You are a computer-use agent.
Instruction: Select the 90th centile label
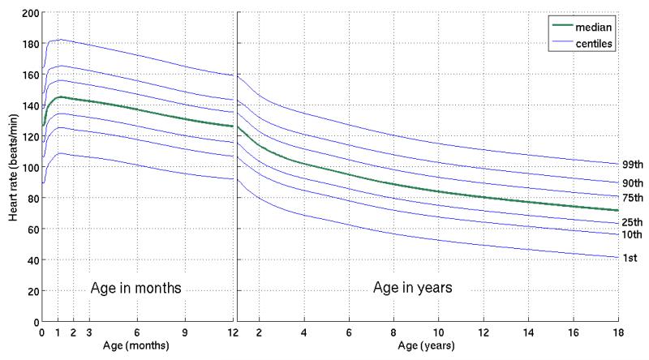click(x=633, y=183)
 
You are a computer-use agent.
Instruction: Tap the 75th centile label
click(x=633, y=199)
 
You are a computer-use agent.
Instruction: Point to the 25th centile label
click(x=633, y=222)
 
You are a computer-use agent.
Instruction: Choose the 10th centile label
click(x=633, y=235)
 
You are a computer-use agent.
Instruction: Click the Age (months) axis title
click(x=136, y=346)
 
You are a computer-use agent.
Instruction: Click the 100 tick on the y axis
click(x=28, y=168)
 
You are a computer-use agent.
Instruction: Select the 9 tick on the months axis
click(x=185, y=332)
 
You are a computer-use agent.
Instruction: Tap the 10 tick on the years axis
click(x=439, y=332)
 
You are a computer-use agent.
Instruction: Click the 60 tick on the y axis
click(x=31, y=229)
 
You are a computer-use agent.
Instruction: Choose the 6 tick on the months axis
click(x=137, y=332)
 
